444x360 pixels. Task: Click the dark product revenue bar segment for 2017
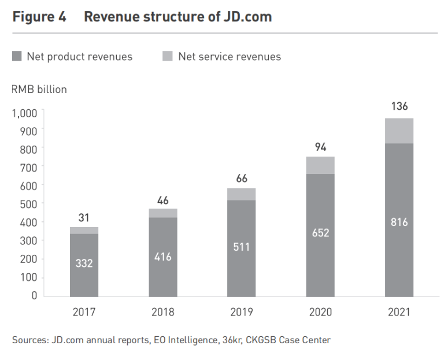tap(84, 248)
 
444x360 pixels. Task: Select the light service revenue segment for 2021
tap(399, 131)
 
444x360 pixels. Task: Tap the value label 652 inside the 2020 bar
tap(320, 233)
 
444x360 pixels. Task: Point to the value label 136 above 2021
tap(399, 106)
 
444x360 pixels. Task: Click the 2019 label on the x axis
tap(242, 312)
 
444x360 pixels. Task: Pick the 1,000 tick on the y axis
tap(24, 112)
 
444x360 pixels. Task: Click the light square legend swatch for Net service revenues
tap(168, 57)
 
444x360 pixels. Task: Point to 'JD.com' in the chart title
tap(246, 17)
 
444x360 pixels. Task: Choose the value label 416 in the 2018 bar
tap(163, 257)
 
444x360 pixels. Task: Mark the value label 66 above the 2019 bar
tap(242, 179)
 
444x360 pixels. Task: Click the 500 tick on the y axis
tap(29, 203)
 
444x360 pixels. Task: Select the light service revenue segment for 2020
tap(320, 165)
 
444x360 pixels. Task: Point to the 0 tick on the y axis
tap(34, 295)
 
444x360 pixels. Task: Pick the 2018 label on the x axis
tap(163, 312)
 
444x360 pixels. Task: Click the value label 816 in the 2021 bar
tap(399, 222)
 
